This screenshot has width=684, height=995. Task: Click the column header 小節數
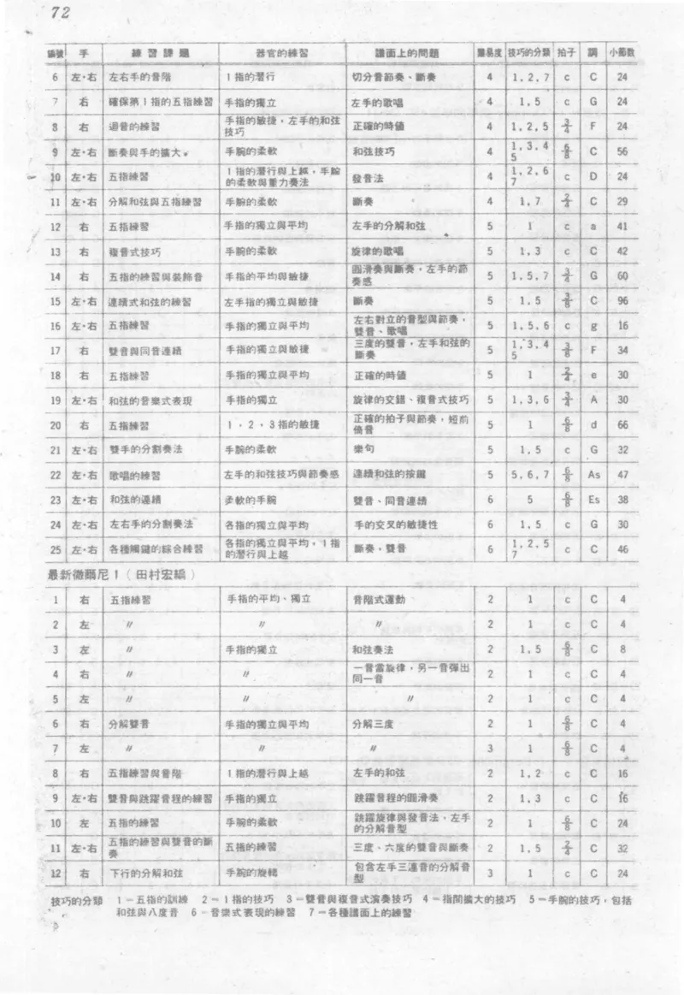tap(622, 52)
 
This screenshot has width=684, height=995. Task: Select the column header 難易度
tap(488, 52)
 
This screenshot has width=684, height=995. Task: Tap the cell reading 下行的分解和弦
tap(139, 874)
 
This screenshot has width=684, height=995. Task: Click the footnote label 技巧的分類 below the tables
tap(77, 903)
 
